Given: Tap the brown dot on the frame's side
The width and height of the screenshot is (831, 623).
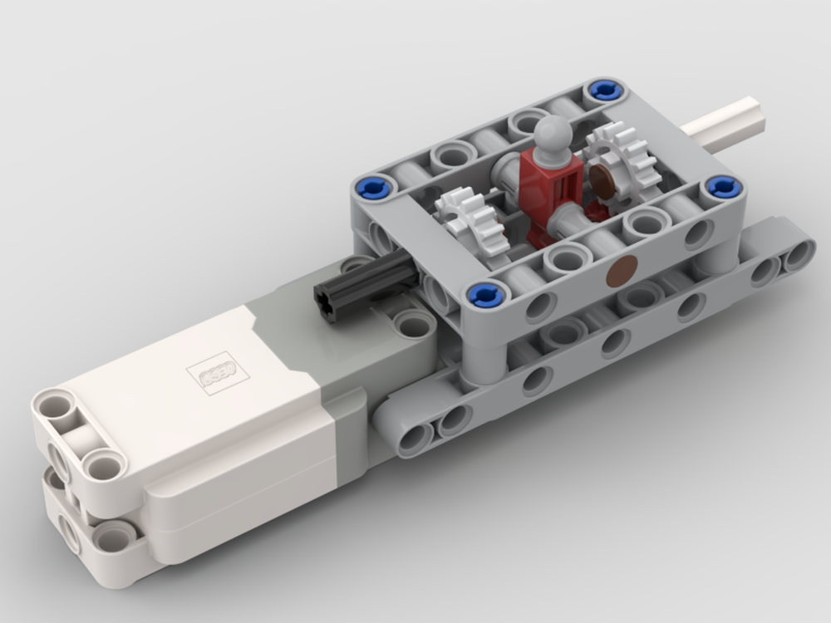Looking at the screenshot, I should tap(622, 271).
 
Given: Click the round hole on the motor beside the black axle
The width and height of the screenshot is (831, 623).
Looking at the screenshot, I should tap(413, 323).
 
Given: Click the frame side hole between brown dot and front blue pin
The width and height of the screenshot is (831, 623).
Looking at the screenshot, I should tap(540, 307).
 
